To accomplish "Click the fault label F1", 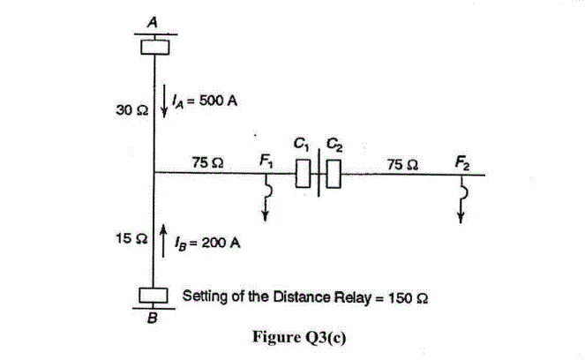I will click(266, 161).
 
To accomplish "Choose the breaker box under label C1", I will click(303, 174).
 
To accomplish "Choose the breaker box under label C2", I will click(333, 174).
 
